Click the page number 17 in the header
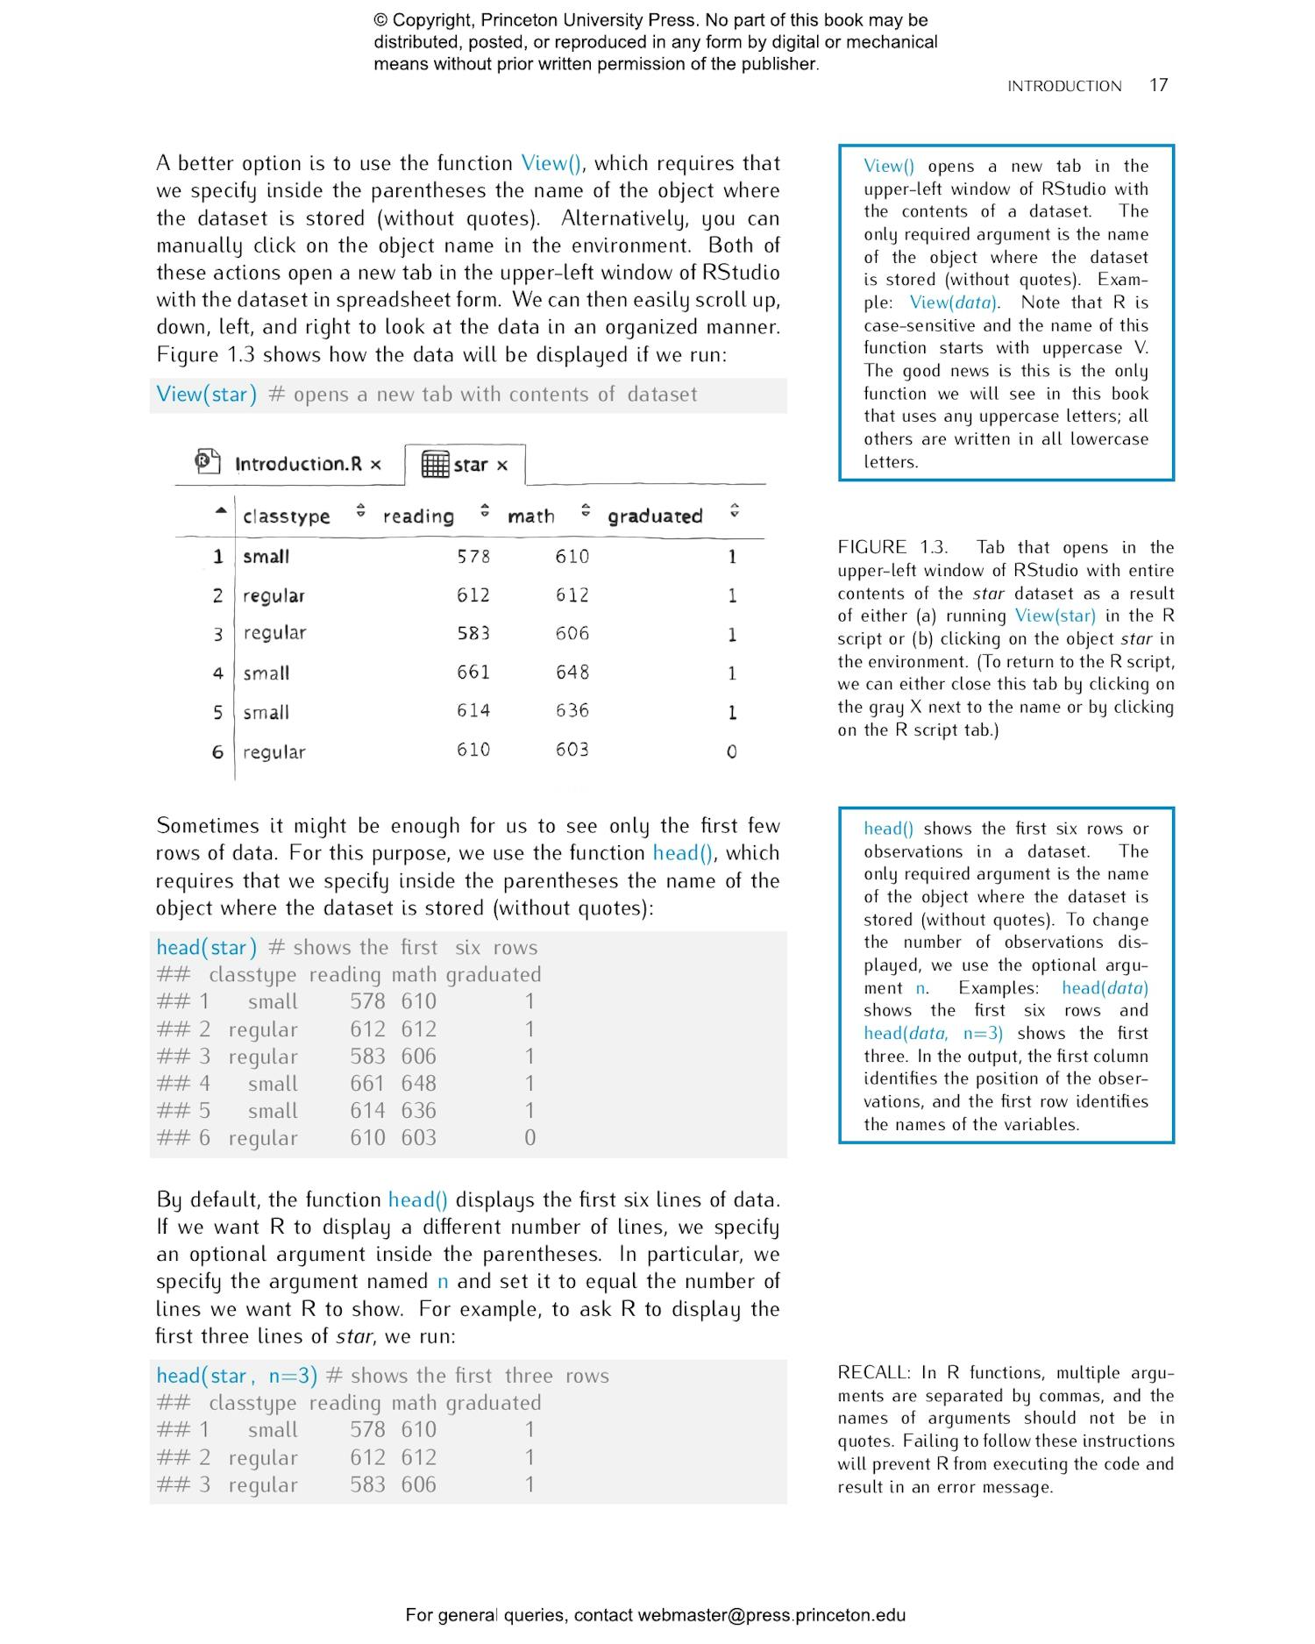point(1158,85)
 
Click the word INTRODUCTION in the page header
point(1063,86)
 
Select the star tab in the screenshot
point(470,465)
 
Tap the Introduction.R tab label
point(298,464)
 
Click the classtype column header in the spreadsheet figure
point(286,516)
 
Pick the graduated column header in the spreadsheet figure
point(655,516)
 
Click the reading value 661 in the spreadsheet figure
point(473,673)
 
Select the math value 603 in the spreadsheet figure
point(572,750)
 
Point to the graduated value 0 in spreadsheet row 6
point(732,752)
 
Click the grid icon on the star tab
point(435,464)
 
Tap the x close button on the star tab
point(502,466)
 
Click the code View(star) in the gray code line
point(206,395)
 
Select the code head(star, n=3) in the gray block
point(237,1376)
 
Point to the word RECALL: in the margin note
point(874,1373)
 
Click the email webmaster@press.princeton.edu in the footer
point(771,1615)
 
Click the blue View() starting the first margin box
point(888,167)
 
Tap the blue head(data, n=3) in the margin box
point(933,1034)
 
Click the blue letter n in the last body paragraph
point(443,1282)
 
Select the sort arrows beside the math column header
point(586,510)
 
